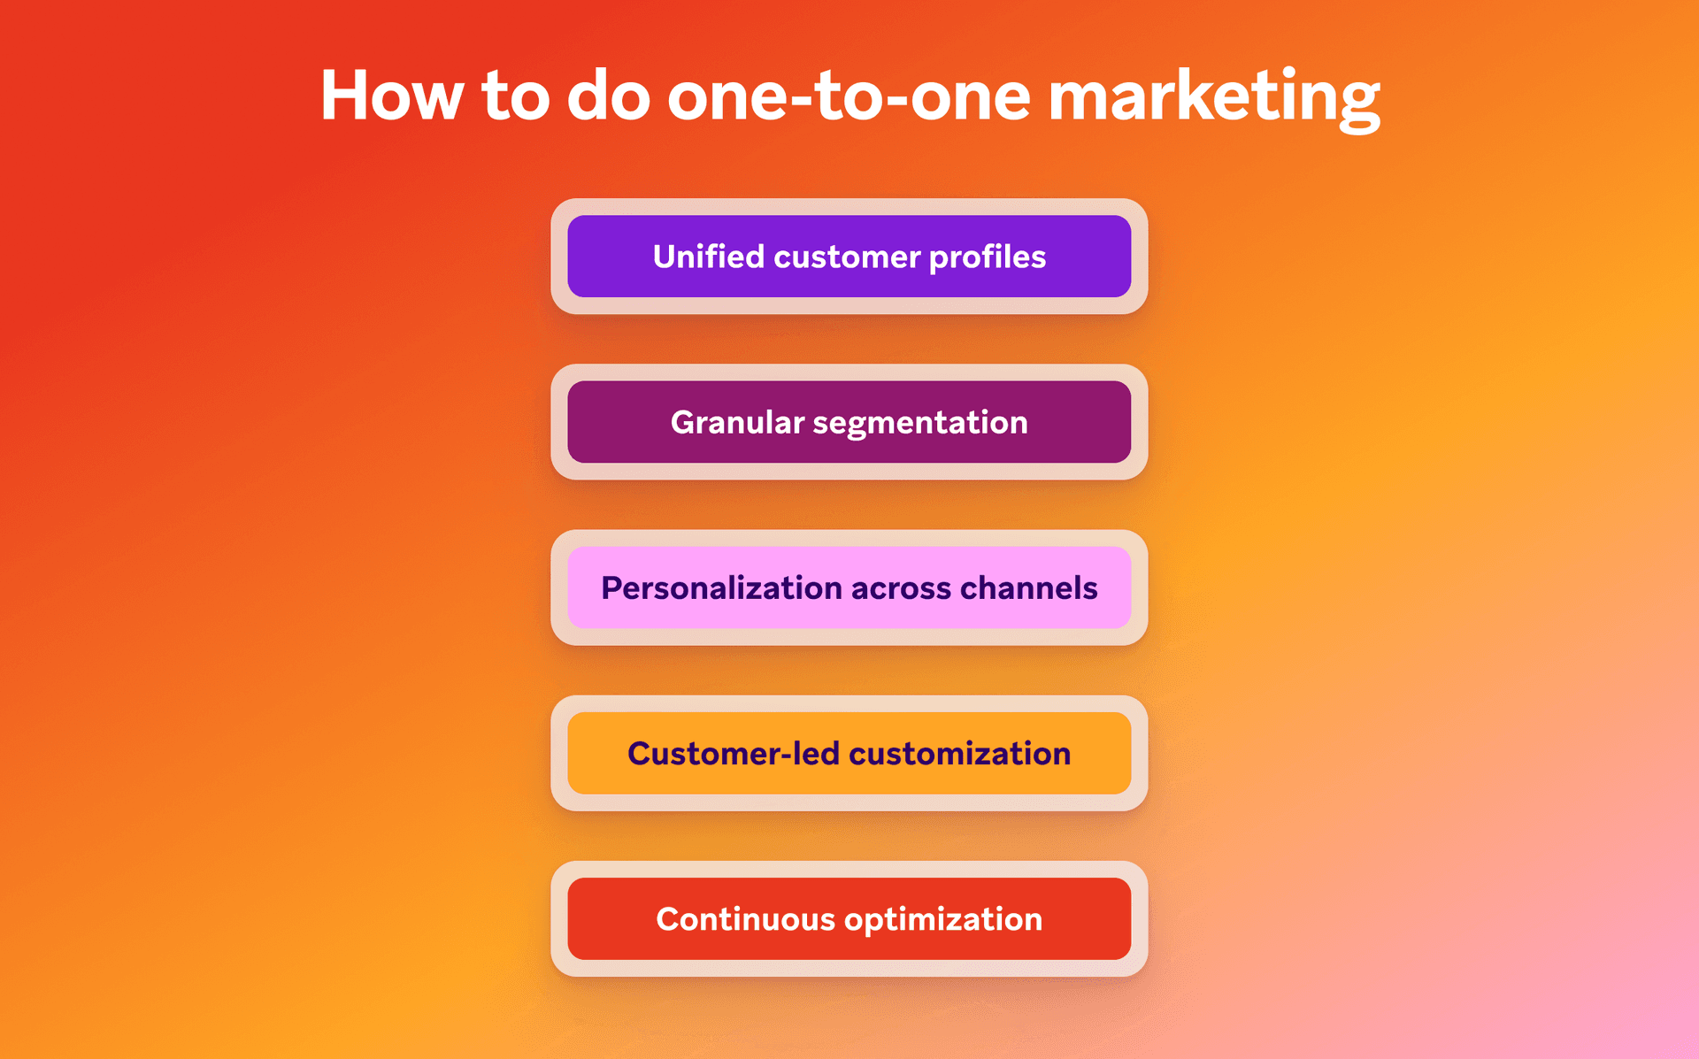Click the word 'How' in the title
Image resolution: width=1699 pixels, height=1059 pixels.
click(391, 96)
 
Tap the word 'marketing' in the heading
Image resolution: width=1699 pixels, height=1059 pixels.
click(1213, 96)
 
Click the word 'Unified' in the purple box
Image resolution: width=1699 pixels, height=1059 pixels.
click(708, 257)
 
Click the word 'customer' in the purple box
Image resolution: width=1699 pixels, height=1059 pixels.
click(847, 257)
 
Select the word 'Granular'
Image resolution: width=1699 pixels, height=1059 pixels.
click(737, 423)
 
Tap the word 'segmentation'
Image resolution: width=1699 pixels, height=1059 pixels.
click(919, 423)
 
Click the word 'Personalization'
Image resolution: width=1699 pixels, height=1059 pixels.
click(721, 588)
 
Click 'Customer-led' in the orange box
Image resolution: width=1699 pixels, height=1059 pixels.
click(733, 754)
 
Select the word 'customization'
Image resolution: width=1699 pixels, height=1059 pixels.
click(959, 754)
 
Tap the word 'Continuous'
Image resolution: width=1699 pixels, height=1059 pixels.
click(745, 919)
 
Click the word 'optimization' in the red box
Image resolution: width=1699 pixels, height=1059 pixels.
click(942, 920)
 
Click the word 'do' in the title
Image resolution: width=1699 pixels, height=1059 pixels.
click(608, 96)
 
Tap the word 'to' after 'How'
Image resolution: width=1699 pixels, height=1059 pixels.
click(515, 96)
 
